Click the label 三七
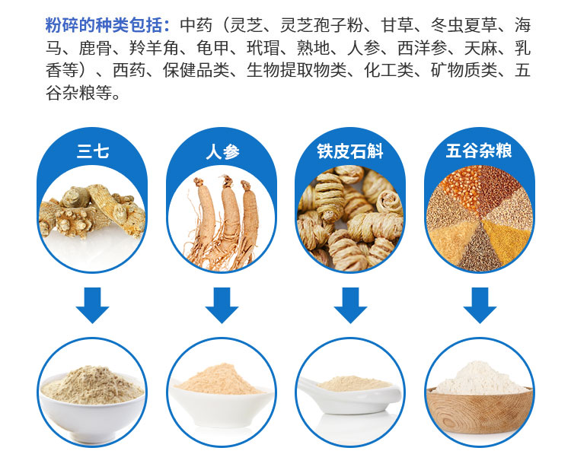(92, 151)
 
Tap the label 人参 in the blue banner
(222, 151)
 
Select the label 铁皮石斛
(350, 151)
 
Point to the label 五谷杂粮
(479, 151)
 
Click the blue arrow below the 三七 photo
(92, 305)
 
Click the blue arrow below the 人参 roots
(222, 305)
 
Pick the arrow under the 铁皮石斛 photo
(350, 305)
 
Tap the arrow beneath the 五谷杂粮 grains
(480, 305)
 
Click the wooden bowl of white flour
(479, 409)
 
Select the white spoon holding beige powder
(349, 395)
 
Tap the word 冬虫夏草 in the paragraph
(464, 25)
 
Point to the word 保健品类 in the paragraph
(196, 71)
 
